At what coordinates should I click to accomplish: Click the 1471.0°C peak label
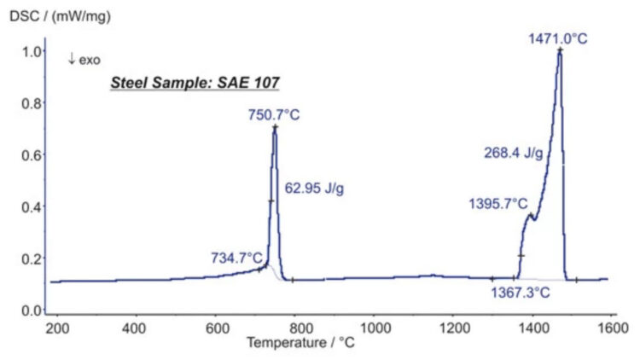(x=557, y=38)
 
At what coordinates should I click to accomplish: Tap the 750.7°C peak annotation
(x=274, y=114)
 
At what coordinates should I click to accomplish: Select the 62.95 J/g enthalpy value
(x=314, y=189)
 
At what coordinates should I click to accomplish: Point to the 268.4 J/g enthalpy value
(x=514, y=153)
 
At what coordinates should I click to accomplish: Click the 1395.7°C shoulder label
(x=498, y=203)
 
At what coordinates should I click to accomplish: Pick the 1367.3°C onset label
(x=521, y=293)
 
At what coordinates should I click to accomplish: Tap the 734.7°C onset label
(x=236, y=258)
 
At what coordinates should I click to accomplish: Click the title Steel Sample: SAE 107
(x=195, y=83)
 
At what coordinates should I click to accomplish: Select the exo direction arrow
(x=72, y=59)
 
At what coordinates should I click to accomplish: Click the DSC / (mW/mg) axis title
(x=60, y=16)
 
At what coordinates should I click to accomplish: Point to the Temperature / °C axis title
(x=301, y=342)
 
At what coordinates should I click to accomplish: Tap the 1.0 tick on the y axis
(x=32, y=51)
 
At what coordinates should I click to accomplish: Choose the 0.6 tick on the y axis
(x=32, y=155)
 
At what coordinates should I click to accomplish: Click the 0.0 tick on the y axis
(x=32, y=311)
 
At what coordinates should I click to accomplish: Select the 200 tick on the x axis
(x=57, y=328)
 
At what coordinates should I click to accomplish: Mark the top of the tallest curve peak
(x=560, y=50)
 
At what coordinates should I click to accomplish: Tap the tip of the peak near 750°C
(x=275, y=127)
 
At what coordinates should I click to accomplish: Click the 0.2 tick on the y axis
(x=32, y=258)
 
